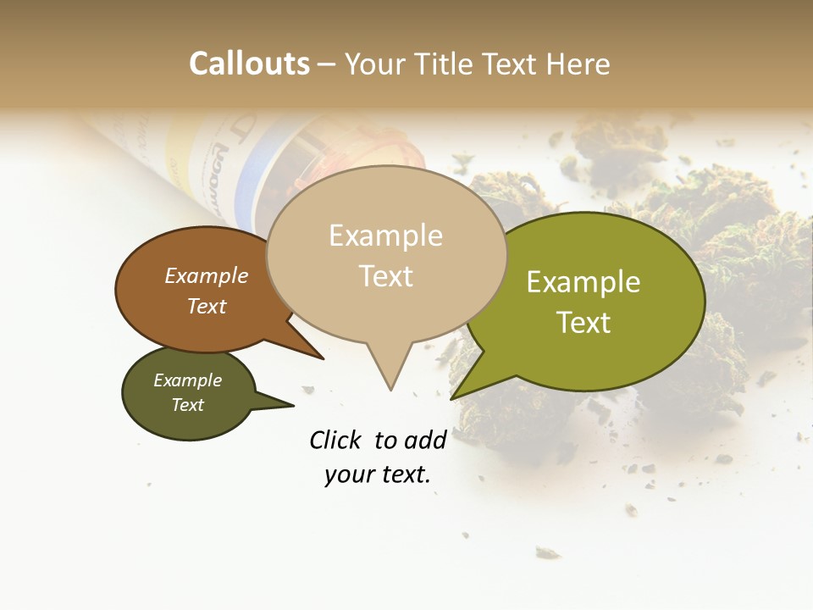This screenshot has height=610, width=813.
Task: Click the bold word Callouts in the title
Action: (x=249, y=64)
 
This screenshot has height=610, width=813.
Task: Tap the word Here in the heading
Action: (x=579, y=64)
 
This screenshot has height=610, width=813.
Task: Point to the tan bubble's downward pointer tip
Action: (x=390, y=389)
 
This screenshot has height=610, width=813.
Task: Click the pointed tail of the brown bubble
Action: (x=322, y=358)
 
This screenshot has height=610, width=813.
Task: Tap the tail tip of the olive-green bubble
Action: (x=453, y=397)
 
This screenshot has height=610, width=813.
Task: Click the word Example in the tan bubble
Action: (x=385, y=236)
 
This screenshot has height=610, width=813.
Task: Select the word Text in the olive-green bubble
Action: (x=583, y=323)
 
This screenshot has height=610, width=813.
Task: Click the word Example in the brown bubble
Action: (x=207, y=275)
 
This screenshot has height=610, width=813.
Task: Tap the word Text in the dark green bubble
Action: (x=187, y=405)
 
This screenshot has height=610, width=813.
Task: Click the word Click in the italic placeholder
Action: (x=336, y=440)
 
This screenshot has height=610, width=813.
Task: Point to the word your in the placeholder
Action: (x=349, y=474)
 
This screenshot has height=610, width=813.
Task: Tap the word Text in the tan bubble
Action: (x=386, y=276)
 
